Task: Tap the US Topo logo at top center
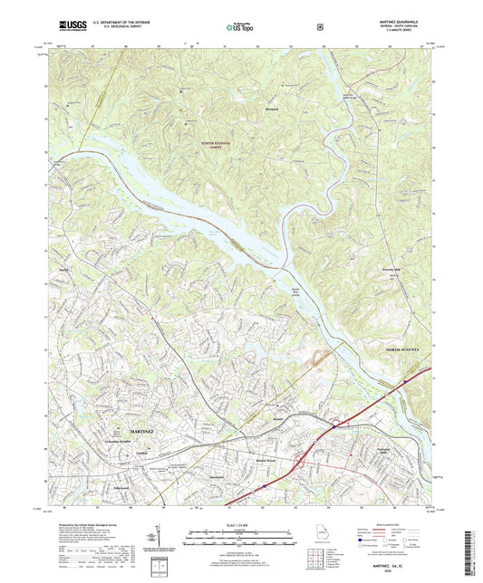(241, 27)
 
